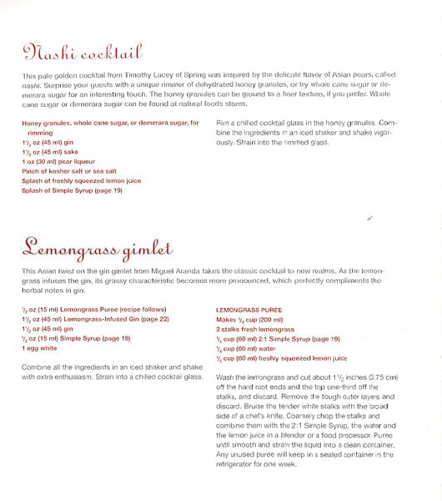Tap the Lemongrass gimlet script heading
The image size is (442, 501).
97,247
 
